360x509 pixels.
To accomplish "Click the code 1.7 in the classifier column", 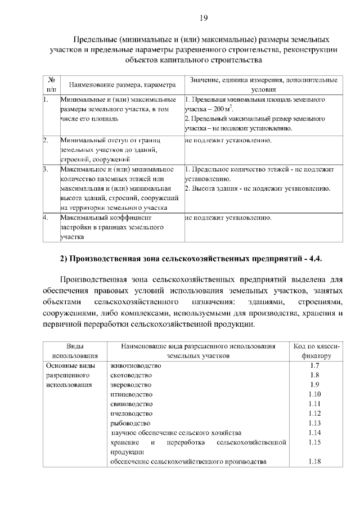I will pyautogui.click(x=314, y=366).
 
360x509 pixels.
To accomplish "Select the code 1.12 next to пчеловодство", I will pyautogui.click(x=314, y=413).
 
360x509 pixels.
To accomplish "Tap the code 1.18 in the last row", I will pyautogui.click(x=314, y=462).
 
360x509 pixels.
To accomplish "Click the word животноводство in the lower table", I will pyautogui.click(x=136, y=366).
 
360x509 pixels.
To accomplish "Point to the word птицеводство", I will pyautogui.click(x=132, y=394).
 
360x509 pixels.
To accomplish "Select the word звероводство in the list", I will pyautogui.click(x=132, y=385).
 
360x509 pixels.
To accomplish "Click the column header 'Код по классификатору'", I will pyautogui.click(x=314, y=350).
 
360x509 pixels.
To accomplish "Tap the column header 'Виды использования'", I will pyautogui.click(x=75, y=350).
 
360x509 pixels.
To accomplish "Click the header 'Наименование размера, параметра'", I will pyautogui.click(x=121, y=84).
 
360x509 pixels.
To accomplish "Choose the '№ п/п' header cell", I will pyautogui.click(x=51, y=84).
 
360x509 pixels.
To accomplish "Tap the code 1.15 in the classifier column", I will pyautogui.click(x=314, y=442).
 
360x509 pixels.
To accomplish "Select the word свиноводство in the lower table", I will pyautogui.click(x=132, y=404).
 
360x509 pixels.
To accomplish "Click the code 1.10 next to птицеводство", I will pyautogui.click(x=314, y=394).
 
